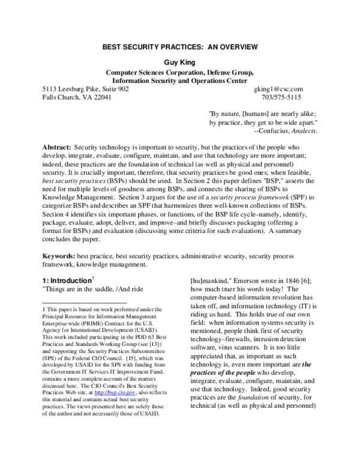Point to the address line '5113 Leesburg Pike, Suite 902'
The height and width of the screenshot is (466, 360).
coord(85,89)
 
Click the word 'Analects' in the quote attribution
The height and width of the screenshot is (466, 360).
coord(304,131)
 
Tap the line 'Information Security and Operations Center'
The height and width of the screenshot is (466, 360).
coord(180,80)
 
